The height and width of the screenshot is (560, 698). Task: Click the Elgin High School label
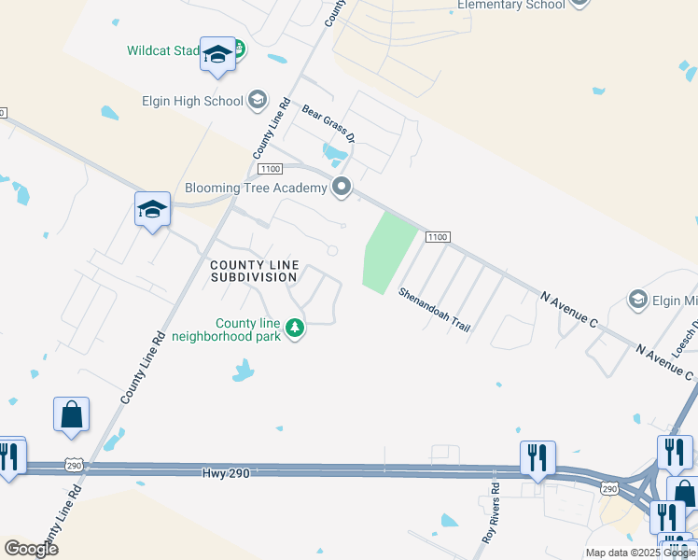[x=191, y=101]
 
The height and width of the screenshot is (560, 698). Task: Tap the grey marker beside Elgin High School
[x=258, y=101]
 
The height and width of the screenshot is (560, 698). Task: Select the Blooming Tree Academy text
[x=256, y=188]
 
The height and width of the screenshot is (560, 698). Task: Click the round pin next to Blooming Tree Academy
[x=342, y=188]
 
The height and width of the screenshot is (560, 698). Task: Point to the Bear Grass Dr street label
[x=329, y=123]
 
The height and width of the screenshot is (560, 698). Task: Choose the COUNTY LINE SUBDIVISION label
[x=253, y=271]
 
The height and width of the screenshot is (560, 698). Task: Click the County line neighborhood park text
[x=248, y=329]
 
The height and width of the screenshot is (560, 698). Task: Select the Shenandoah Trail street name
[x=435, y=310]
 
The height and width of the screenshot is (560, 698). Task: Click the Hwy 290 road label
[x=226, y=473]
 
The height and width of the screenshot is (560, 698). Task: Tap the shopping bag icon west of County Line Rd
[x=72, y=414]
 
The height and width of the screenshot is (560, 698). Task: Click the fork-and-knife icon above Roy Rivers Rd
[x=537, y=457]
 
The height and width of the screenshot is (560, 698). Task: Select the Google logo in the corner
[x=31, y=549]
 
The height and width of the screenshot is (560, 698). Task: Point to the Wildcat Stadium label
[x=162, y=50]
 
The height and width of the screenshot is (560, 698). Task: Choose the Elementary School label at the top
[x=510, y=5]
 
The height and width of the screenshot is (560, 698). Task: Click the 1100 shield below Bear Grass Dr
[x=271, y=168]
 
